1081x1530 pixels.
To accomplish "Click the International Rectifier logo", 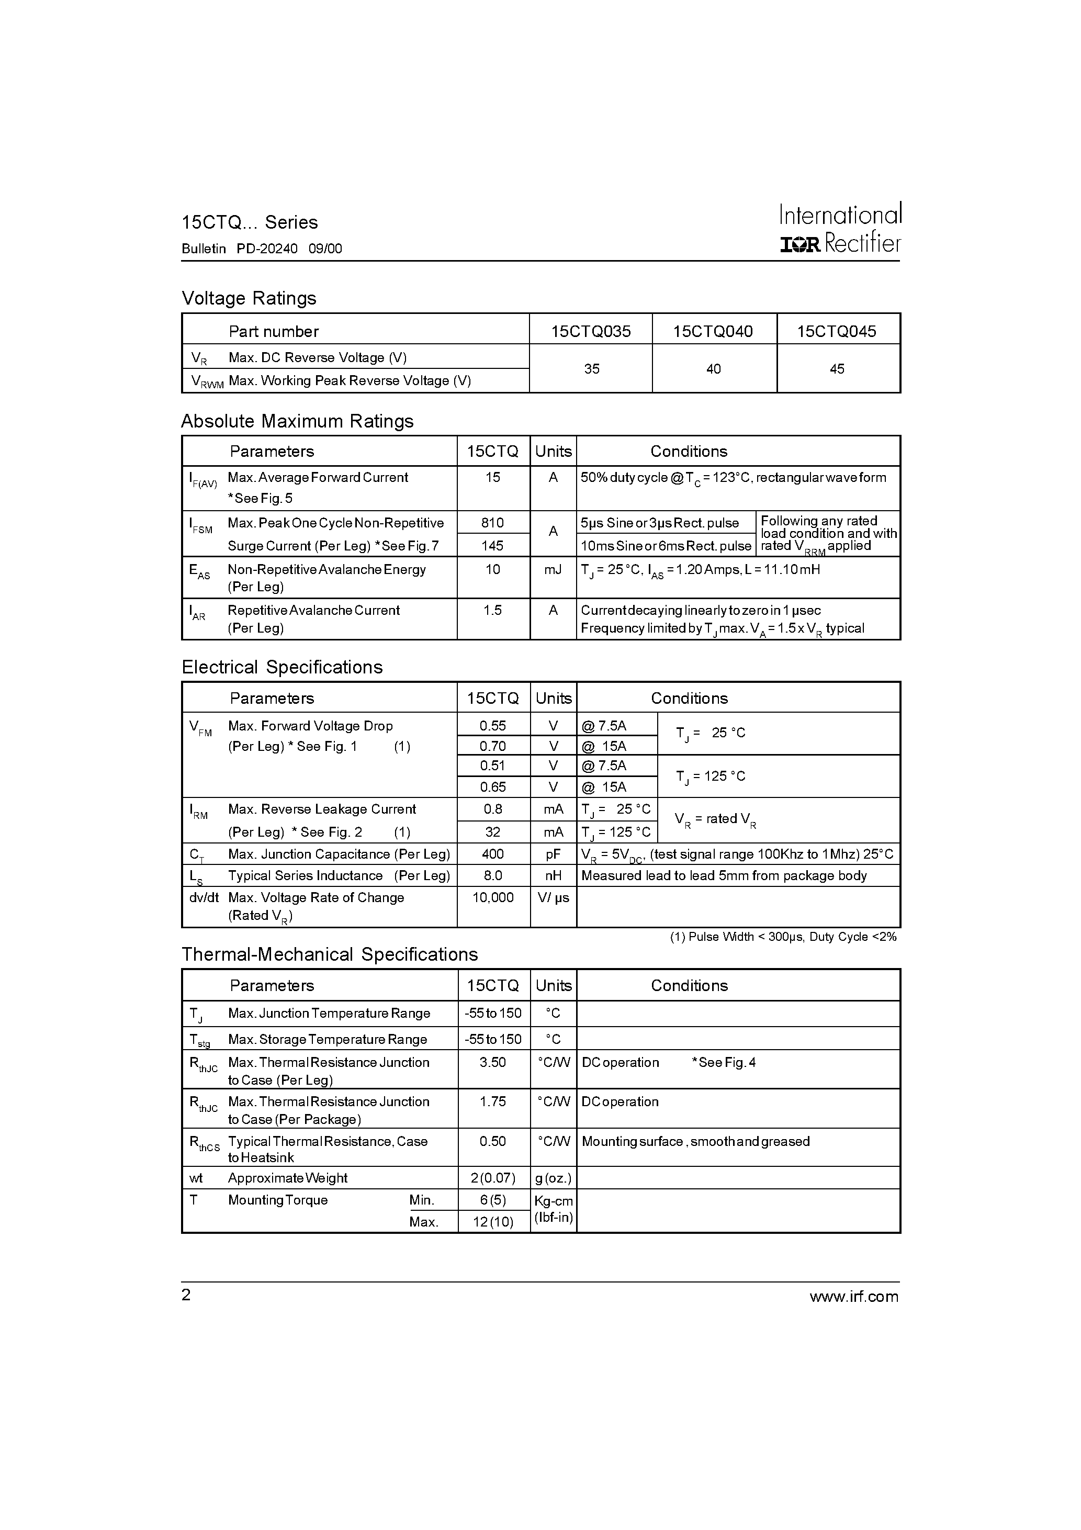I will (840, 229).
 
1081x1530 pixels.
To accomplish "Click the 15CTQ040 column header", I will (713, 331).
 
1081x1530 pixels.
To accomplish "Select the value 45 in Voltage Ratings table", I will (837, 368).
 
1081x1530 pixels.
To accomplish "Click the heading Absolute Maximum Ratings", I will (297, 421).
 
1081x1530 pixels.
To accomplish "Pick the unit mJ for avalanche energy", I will (553, 570).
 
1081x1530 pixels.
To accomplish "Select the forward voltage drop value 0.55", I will (492, 726).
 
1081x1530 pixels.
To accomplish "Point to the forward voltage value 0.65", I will (492, 787).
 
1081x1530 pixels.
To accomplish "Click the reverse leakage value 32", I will (492, 831).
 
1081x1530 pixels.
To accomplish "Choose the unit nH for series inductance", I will (553, 875).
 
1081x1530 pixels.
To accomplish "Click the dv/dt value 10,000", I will (492, 897).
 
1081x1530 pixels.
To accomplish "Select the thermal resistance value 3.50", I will (492, 1062).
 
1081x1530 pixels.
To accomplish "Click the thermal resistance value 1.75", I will (492, 1101).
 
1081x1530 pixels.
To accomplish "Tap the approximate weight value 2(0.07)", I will (492, 1177).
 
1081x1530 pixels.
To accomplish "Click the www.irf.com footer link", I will (854, 1296).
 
